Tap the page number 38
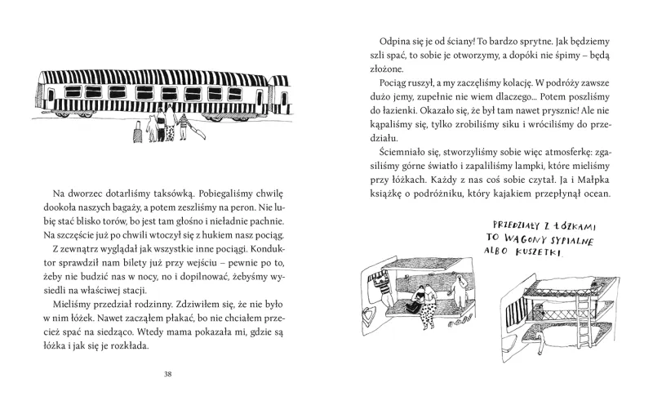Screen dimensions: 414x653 pyautogui.click(x=167, y=375)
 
